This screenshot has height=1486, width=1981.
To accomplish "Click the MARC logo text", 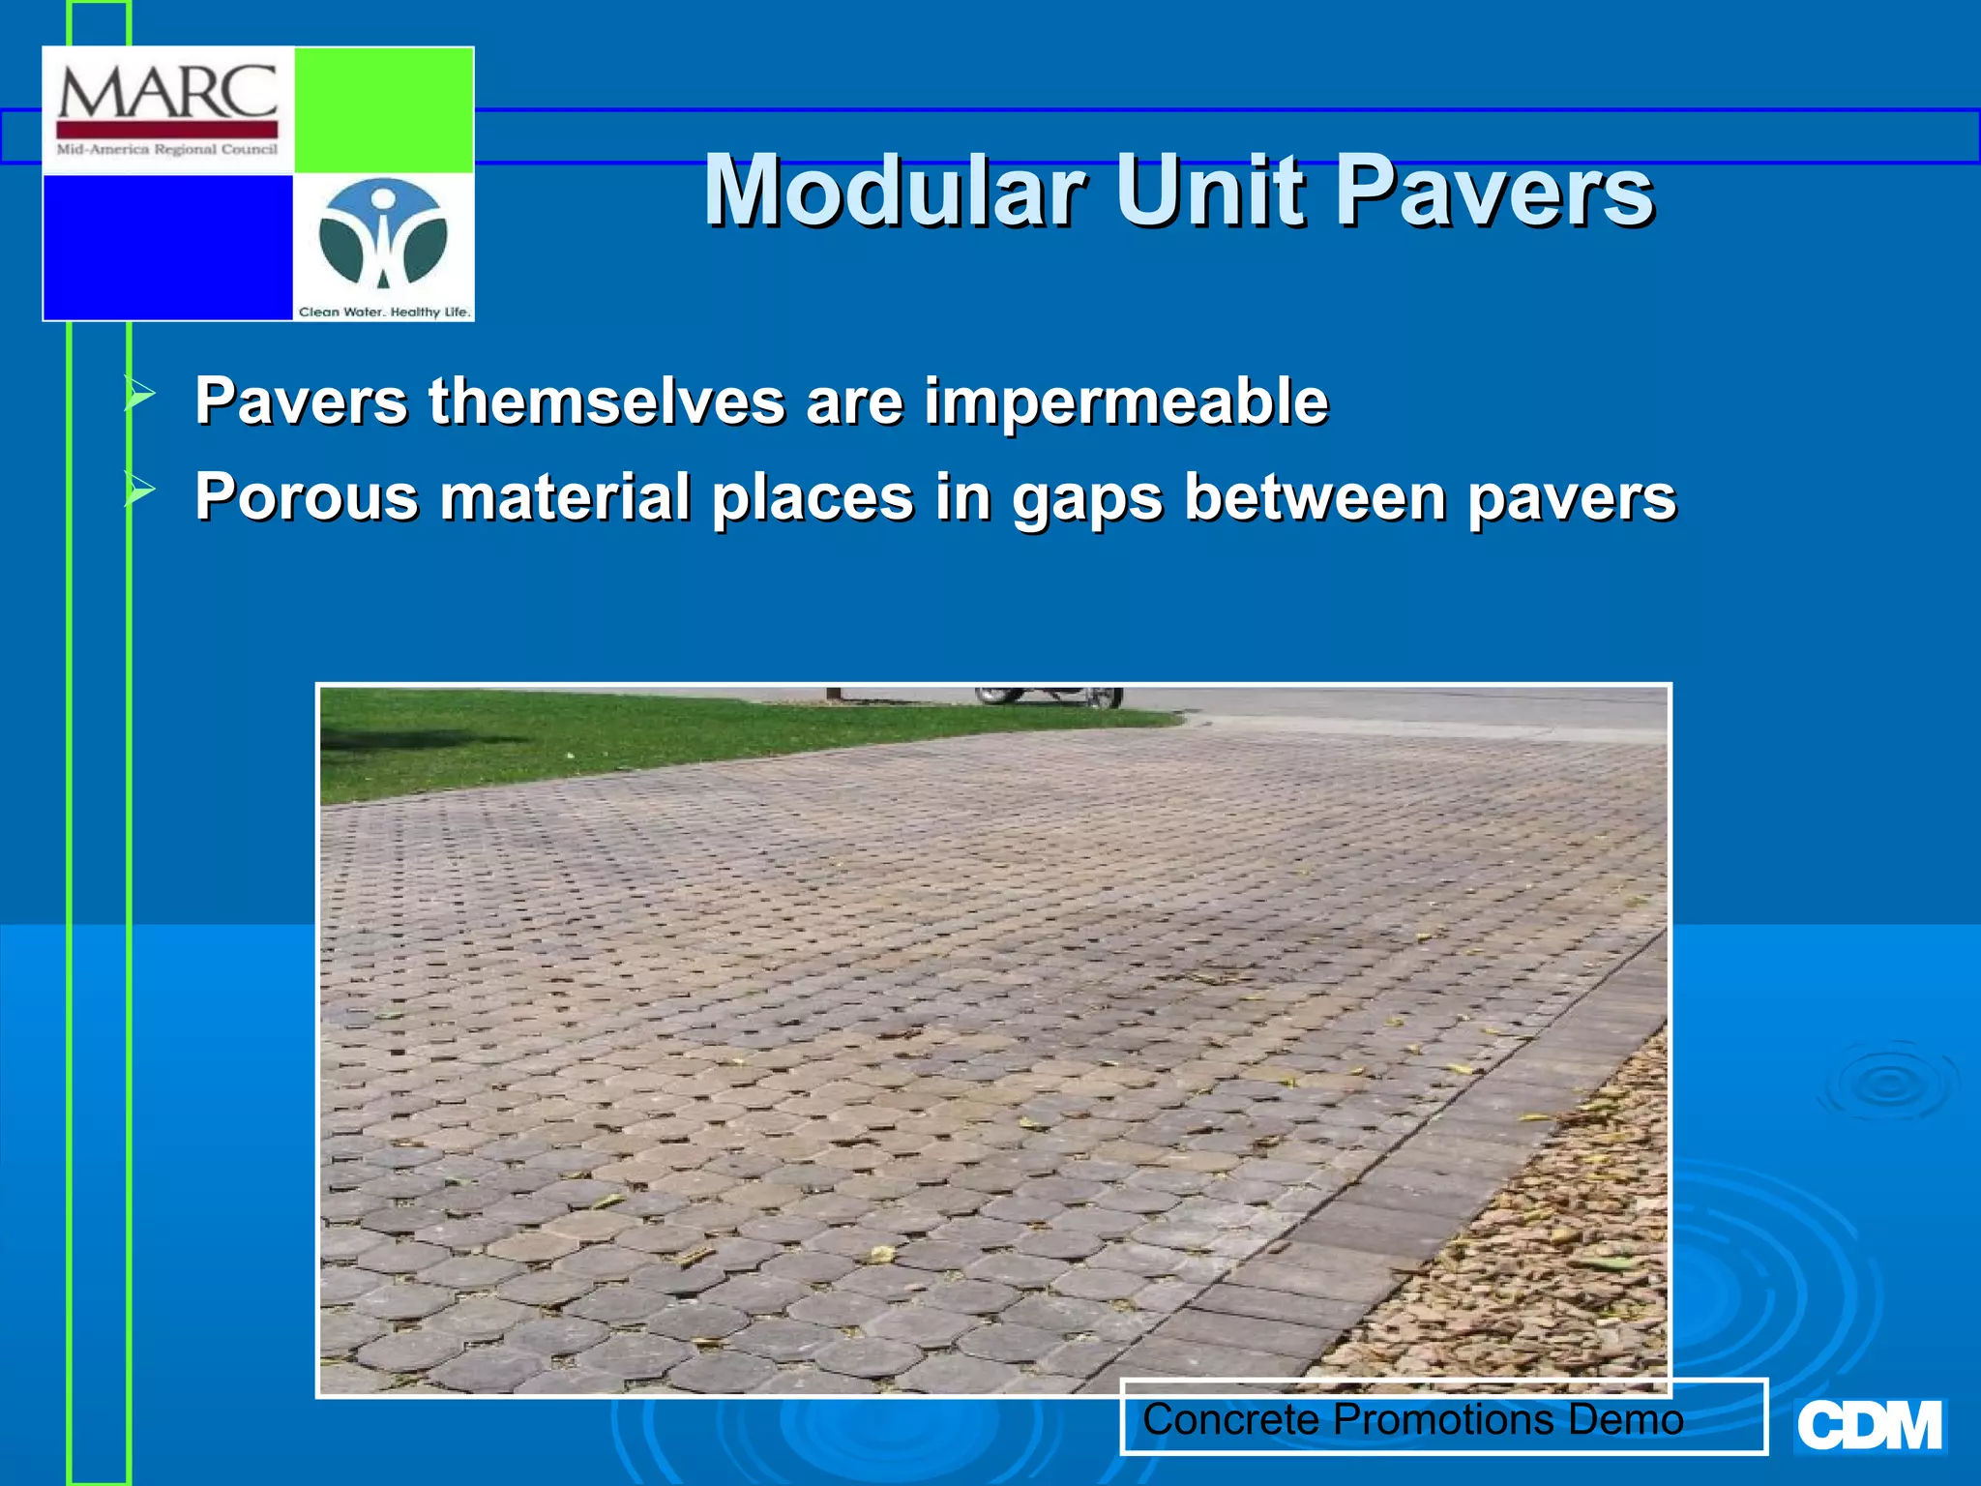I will click(x=167, y=93).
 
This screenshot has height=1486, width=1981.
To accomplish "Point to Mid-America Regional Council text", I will click(x=167, y=150).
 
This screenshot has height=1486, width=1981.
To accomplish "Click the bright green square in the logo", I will click(x=383, y=109).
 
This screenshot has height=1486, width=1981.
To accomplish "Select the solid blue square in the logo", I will click(x=167, y=247).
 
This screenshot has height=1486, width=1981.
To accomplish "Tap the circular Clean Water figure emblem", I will click(x=383, y=235).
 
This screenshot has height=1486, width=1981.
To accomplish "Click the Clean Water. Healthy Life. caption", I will click(x=384, y=312).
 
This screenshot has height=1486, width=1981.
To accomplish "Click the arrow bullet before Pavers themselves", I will click(x=139, y=395).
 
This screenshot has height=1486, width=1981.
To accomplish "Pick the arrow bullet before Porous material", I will click(x=139, y=490).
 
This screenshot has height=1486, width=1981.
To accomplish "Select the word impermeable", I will click(x=1126, y=401).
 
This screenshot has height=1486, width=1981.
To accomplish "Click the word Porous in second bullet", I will click(x=307, y=497).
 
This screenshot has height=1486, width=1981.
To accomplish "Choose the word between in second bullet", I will click(x=1315, y=497).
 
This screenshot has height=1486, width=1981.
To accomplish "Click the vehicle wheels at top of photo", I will click(x=1050, y=697).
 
